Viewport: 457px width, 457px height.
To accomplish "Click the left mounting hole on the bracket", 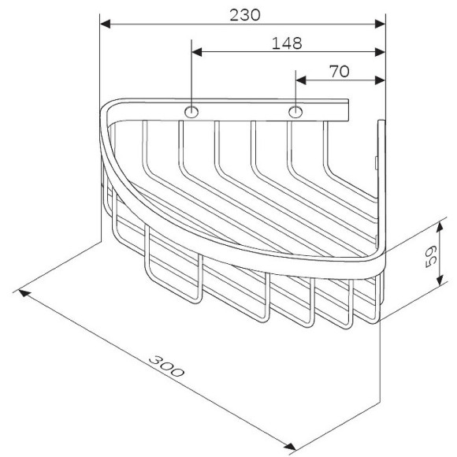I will pos(191,112).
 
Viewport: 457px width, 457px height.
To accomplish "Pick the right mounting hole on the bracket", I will pos(295,112).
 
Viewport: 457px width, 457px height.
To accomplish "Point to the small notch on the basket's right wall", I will pos(377,163).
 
